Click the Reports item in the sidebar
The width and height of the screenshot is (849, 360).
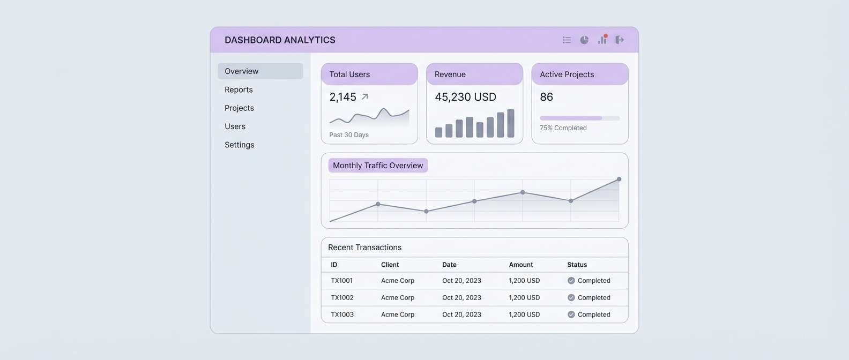tap(239, 89)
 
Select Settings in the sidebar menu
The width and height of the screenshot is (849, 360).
tap(239, 145)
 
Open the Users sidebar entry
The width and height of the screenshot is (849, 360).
tap(235, 126)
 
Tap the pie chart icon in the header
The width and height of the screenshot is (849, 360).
tap(584, 40)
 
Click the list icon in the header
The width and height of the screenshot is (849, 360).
tap(567, 40)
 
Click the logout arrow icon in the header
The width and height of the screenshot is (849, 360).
tap(620, 40)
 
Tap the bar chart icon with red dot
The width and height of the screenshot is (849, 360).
tap(602, 40)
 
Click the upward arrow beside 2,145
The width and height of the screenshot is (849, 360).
tap(365, 97)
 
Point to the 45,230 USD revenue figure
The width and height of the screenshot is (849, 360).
tap(465, 97)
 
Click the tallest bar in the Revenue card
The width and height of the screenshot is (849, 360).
tap(511, 123)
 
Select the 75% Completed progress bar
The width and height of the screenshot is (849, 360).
tap(579, 118)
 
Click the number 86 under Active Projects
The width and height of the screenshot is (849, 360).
tap(546, 97)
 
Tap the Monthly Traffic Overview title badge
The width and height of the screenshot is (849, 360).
tap(378, 166)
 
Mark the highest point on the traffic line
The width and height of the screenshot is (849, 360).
tap(619, 179)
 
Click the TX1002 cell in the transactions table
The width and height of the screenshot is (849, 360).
tap(342, 297)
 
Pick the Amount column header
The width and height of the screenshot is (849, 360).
tap(520, 265)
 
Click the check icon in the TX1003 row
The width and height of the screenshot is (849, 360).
tap(571, 314)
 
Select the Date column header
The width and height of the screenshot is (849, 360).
tap(449, 265)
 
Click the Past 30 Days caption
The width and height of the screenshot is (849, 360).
tap(349, 135)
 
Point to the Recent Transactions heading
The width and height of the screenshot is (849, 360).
tap(364, 247)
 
